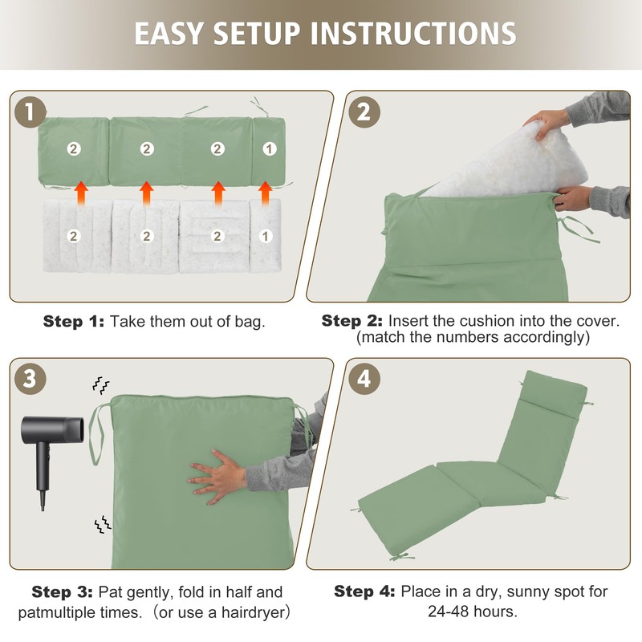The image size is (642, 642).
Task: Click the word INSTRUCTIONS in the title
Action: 413,33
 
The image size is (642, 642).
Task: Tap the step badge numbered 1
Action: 30,112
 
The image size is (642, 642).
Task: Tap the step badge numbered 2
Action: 364,112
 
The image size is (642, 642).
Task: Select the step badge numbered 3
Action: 30,379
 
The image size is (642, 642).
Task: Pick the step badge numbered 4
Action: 364,379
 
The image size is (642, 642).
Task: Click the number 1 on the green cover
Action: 270,148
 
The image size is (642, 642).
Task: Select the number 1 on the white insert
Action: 266,236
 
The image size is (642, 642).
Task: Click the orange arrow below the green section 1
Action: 266,193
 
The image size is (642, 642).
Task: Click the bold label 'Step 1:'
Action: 74,322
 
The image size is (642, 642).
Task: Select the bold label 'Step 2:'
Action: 351,321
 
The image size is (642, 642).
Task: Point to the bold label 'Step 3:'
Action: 63,592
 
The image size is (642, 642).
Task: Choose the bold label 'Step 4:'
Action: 364,591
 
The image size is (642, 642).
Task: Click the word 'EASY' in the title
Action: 169,33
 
